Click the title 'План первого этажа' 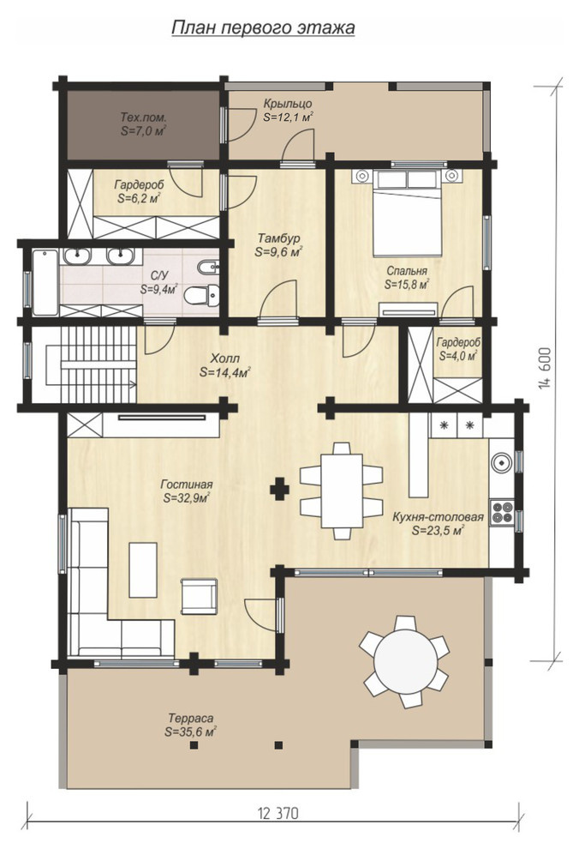click(x=263, y=27)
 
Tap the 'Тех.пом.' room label click(x=143, y=117)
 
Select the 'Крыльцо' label click(x=288, y=104)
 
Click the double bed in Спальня click(x=408, y=213)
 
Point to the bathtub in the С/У click(x=45, y=281)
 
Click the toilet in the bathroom click(x=202, y=295)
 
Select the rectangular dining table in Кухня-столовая click(x=342, y=491)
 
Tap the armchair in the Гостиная click(x=199, y=596)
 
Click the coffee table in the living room click(x=143, y=570)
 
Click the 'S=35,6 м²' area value click(x=190, y=732)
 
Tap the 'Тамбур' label click(x=278, y=238)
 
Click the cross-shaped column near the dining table click(x=279, y=489)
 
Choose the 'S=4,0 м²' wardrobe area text click(x=458, y=356)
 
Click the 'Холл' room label click(x=224, y=358)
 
